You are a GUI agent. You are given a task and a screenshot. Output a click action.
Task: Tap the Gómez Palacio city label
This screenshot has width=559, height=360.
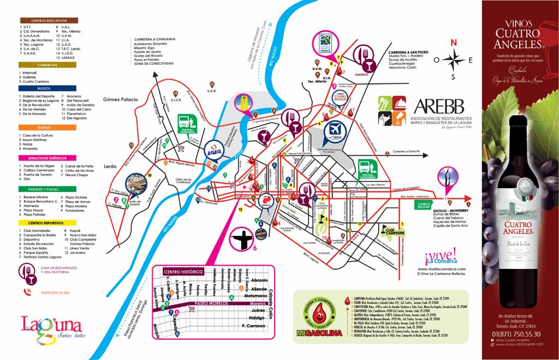121,100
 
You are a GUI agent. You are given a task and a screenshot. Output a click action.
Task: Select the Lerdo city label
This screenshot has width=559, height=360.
111,166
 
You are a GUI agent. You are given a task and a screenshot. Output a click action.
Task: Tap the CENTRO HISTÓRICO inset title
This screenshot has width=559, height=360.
184,272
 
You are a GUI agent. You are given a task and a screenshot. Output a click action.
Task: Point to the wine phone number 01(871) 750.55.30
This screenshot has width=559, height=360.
516,334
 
